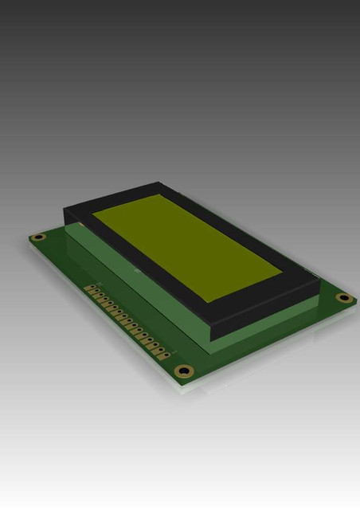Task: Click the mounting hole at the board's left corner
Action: pos(37,237)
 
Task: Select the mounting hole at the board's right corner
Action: pos(344,297)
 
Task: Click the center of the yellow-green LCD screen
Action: pos(186,244)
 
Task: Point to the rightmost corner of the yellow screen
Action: pos(282,276)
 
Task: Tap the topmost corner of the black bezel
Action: pos(159,182)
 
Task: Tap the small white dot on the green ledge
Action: pos(135,271)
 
